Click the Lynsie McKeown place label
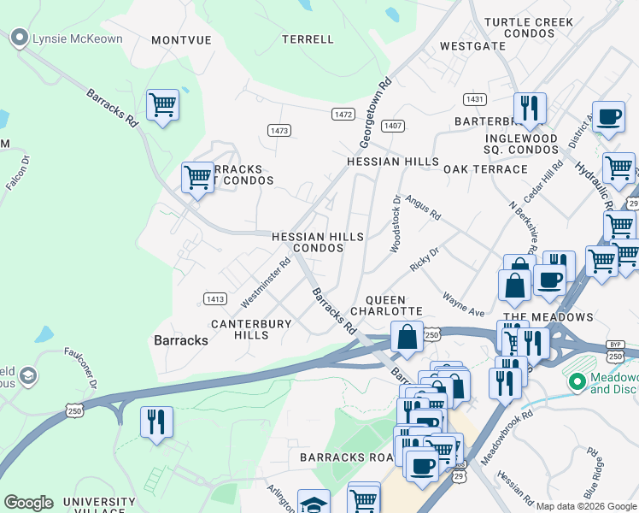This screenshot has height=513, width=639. [76, 38]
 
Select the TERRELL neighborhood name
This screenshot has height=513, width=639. [308, 39]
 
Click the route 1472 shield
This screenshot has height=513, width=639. [343, 114]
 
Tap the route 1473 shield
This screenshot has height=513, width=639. [279, 130]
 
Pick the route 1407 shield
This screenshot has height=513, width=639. [393, 126]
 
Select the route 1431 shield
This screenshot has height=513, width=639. [475, 100]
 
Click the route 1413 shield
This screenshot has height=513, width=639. [215, 298]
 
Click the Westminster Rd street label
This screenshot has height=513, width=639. [266, 283]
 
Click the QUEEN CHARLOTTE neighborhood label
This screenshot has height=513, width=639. [394, 305]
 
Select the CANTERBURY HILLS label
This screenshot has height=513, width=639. [251, 329]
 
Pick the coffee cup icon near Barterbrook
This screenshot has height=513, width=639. [608, 117]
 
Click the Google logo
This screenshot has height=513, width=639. [28, 503]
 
